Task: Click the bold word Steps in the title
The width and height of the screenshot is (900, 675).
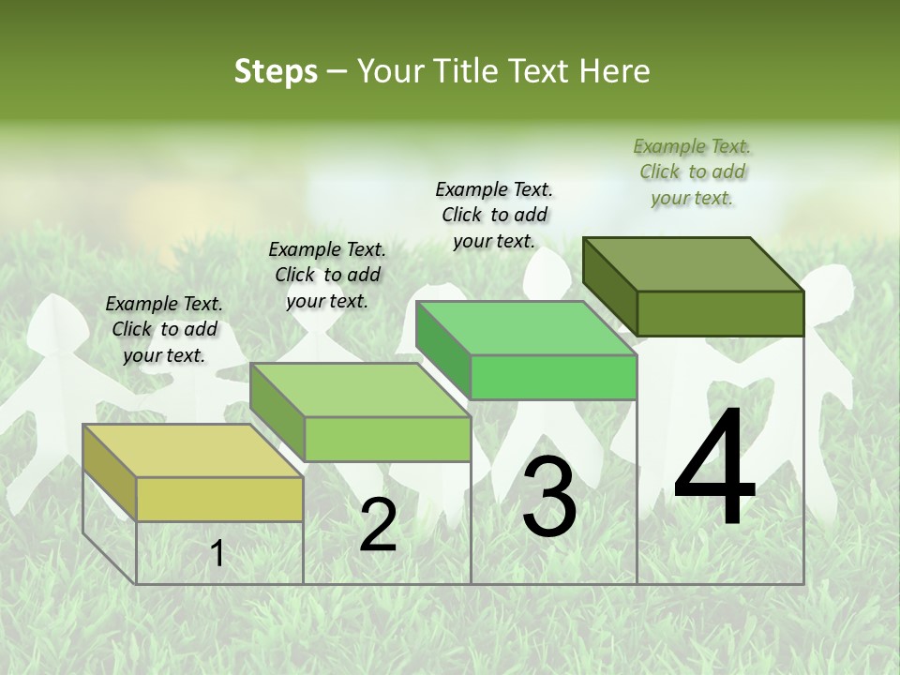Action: tap(276, 71)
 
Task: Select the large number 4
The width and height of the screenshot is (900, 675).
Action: tap(714, 470)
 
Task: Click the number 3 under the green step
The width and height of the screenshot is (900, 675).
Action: tap(549, 497)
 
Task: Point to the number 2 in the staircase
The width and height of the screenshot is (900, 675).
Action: tap(378, 526)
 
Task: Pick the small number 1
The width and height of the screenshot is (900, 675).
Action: tap(217, 554)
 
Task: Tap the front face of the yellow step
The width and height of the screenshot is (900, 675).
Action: tap(219, 499)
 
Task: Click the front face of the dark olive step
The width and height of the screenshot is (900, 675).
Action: tap(720, 313)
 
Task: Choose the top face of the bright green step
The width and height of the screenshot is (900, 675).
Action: tap(525, 328)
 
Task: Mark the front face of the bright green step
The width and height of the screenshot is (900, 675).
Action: tap(553, 377)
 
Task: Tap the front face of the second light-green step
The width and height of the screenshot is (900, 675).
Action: tap(387, 439)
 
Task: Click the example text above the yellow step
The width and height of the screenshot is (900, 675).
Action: tap(164, 330)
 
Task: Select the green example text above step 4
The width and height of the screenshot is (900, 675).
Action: tap(692, 172)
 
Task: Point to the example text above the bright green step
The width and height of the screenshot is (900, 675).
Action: tap(494, 215)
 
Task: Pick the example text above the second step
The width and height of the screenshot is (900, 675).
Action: tap(327, 276)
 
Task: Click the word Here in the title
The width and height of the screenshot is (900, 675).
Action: tap(617, 71)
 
